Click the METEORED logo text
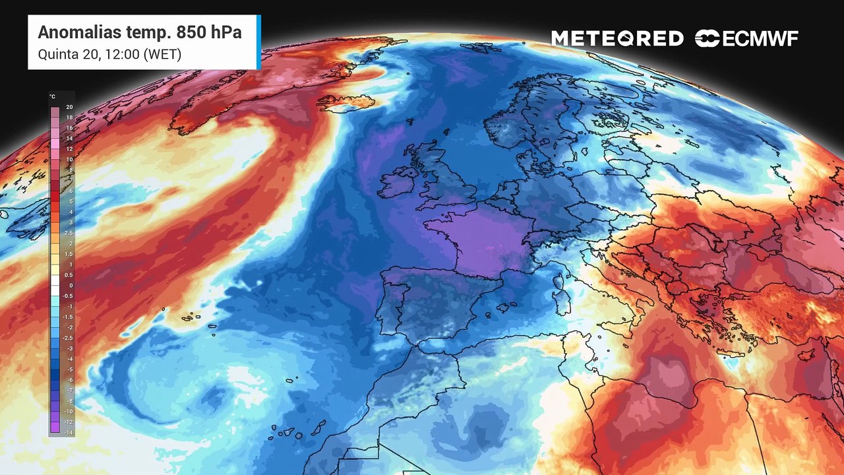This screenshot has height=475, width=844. [x=617, y=39]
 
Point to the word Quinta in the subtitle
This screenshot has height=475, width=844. [x=56, y=54]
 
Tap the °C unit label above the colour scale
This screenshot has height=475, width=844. [x=52, y=96]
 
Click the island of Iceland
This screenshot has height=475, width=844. [x=346, y=102]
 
